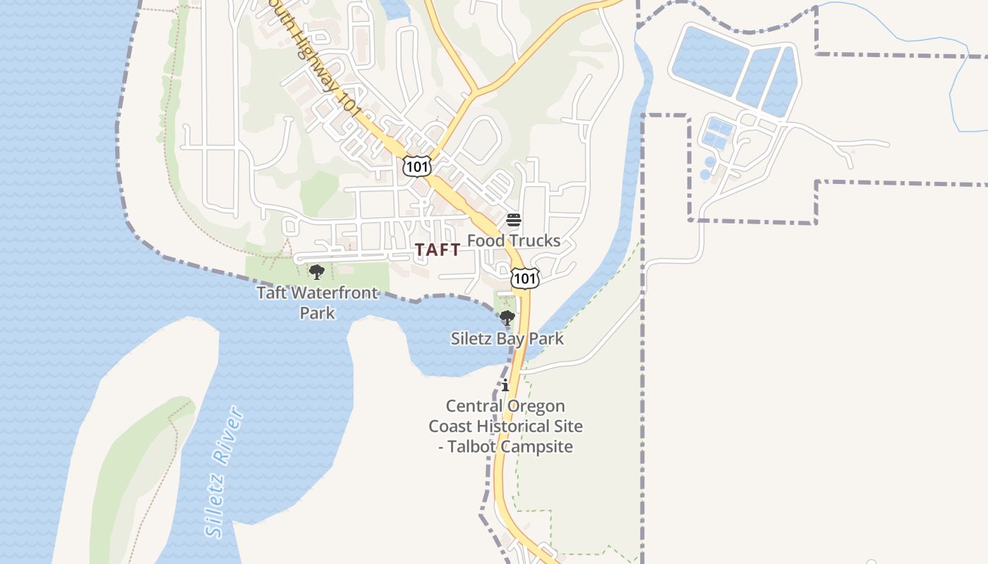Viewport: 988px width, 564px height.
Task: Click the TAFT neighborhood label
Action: click(x=438, y=250)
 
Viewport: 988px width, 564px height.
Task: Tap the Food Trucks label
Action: click(x=514, y=240)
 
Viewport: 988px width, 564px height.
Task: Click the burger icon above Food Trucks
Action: click(x=514, y=220)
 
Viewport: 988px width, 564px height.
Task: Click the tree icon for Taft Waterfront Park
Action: click(x=317, y=271)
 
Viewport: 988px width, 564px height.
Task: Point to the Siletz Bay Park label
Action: click(x=507, y=338)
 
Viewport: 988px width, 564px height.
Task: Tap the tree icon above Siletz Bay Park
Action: click(x=507, y=318)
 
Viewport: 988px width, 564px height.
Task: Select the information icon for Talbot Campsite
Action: click(x=505, y=386)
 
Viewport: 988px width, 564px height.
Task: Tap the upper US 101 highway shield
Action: click(x=416, y=166)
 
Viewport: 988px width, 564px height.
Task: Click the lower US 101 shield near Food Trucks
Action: click(x=525, y=278)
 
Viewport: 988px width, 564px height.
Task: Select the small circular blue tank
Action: click(x=706, y=174)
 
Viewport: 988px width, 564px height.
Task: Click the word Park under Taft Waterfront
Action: click(x=317, y=312)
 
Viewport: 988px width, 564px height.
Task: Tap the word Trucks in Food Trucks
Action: click(x=534, y=240)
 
